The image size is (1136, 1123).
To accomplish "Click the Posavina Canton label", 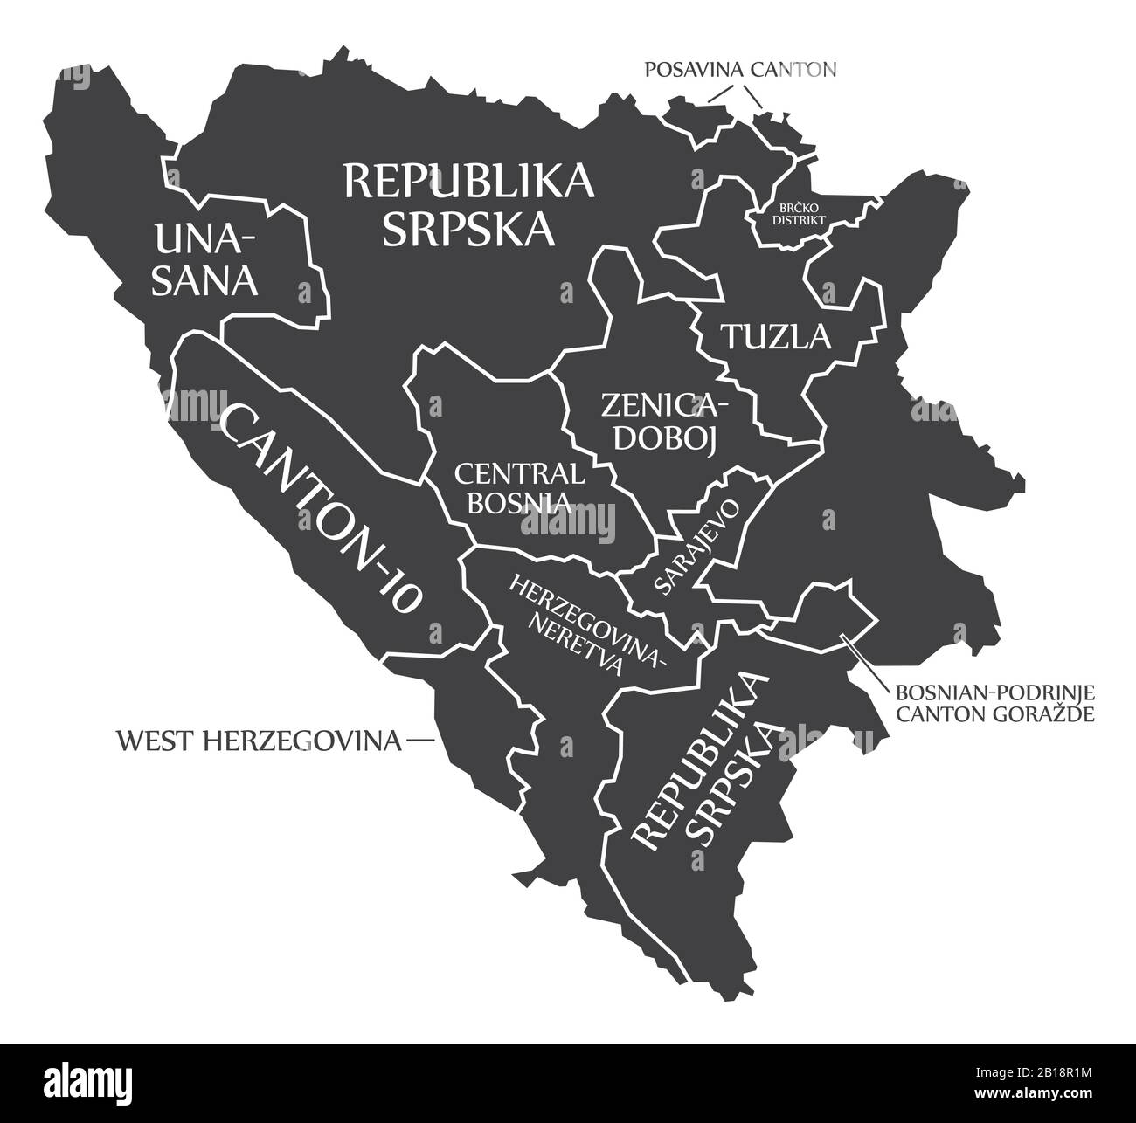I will click(x=740, y=69).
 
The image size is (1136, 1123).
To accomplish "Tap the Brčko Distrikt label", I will click(x=797, y=214).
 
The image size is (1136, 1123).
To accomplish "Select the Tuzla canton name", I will click(x=774, y=335).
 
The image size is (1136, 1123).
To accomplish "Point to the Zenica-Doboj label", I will click(x=663, y=422).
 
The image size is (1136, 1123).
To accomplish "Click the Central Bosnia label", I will click(x=519, y=487).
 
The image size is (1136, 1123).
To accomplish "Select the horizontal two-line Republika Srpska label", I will click(x=469, y=204).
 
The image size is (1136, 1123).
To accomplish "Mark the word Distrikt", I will click(x=797, y=221).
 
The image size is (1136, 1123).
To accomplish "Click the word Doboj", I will click(x=665, y=439).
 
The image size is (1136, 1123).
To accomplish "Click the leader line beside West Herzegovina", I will click(x=420, y=741).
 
